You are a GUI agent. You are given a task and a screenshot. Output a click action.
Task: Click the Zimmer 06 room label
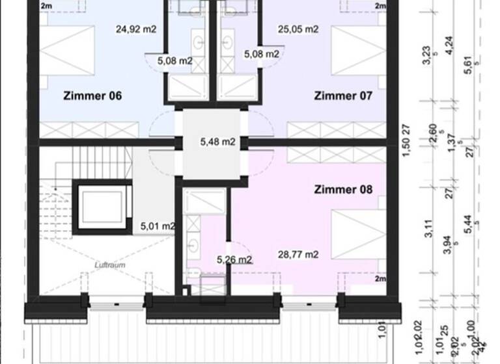[93, 96]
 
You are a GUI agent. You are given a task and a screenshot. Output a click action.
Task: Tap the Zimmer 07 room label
[343, 96]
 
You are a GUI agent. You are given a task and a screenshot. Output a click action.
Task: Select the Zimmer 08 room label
[343, 190]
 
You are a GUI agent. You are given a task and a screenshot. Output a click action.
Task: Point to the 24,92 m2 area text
[136, 29]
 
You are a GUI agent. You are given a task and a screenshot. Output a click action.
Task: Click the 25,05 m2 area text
[298, 29]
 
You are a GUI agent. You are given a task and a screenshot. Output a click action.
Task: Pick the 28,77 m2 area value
[298, 255]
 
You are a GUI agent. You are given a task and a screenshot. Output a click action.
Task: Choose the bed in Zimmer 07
[355, 51]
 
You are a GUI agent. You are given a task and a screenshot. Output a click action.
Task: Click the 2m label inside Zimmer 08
[380, 279]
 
